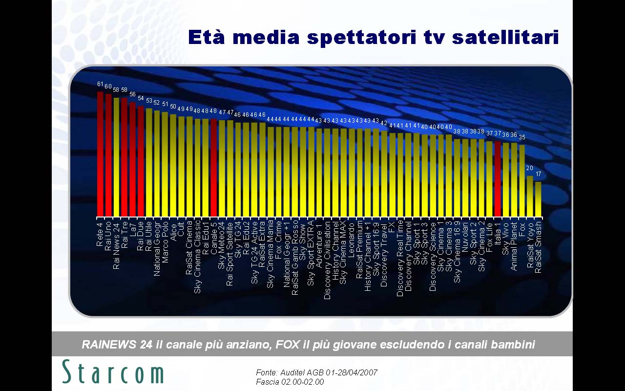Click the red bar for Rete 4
pos(100,154)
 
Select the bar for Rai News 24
pos(116,157)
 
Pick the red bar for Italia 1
pos(498,179)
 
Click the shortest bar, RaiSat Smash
pos(538,199)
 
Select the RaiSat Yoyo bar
pos(530,196)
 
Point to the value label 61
pos(100,84)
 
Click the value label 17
pos(538,174)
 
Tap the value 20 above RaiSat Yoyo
pos(530,168)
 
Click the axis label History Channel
pos(335,250)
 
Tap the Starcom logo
pos(113,372)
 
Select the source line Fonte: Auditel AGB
pos(316,373)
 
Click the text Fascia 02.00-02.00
pos(290,382)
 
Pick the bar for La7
pos(132,159)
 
